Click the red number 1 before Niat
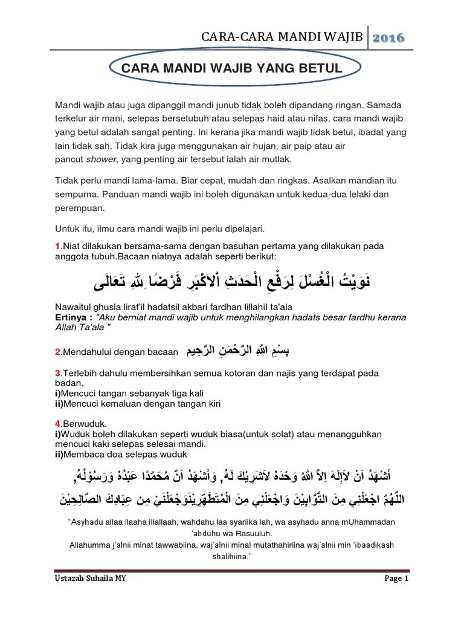pos(57,246)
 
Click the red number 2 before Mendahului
pos(57,351)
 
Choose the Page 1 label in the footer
pos(397,578)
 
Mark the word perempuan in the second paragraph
pos(80,207)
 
